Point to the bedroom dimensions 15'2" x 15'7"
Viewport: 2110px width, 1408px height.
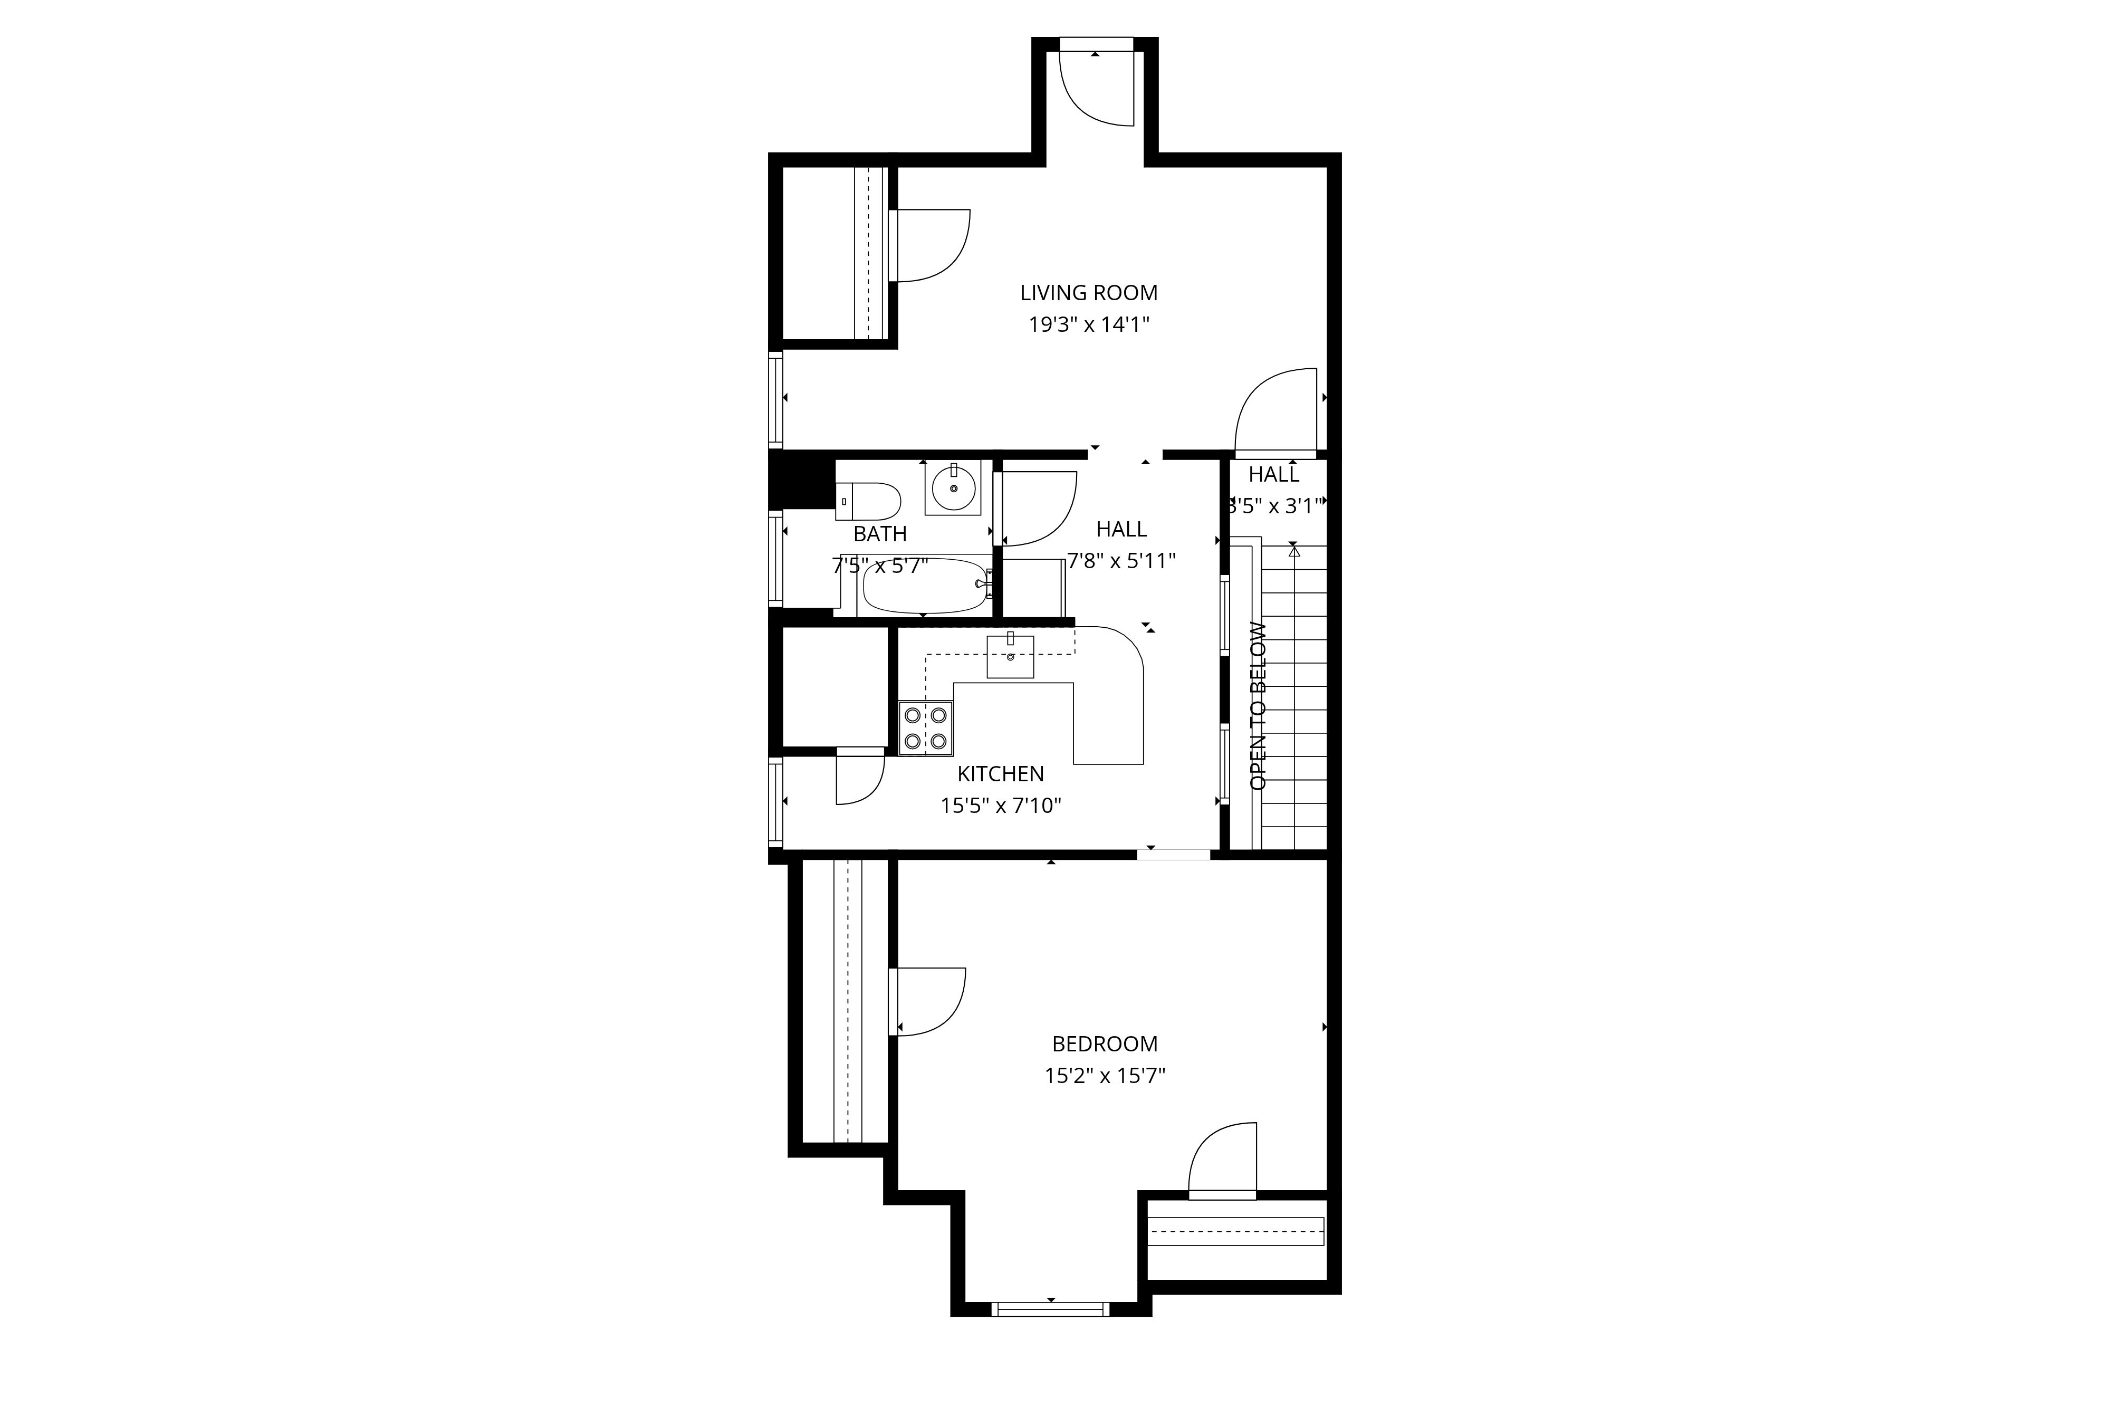point(1105,1076)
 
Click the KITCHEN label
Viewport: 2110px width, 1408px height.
point(1000,774)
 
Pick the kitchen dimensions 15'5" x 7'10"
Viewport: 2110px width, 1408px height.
point(1000,807)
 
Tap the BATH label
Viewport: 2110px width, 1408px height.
point(880,534)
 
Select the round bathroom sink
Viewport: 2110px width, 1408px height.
point(953,490)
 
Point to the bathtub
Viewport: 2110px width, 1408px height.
point(925,586)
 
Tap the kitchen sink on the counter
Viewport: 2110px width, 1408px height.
point(1010,656)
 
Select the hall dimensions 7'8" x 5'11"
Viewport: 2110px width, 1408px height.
point(1121,561)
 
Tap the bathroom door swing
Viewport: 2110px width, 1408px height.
point(1037,508)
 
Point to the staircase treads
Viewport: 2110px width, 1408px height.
point(1294,701)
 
